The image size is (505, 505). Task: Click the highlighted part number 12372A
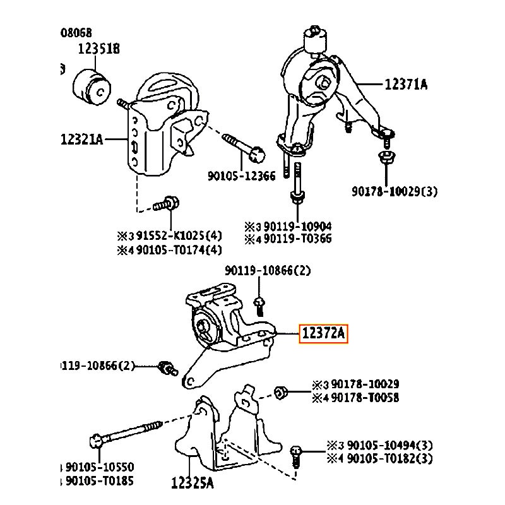tap(323, 334)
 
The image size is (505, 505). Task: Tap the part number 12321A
tap(82, 139)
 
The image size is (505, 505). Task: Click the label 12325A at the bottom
tap(193, 484)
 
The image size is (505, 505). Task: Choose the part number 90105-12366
tap(241, 176)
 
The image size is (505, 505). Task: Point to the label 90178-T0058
tap(365, 398)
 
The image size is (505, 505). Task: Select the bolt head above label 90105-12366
tap(256, 152)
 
